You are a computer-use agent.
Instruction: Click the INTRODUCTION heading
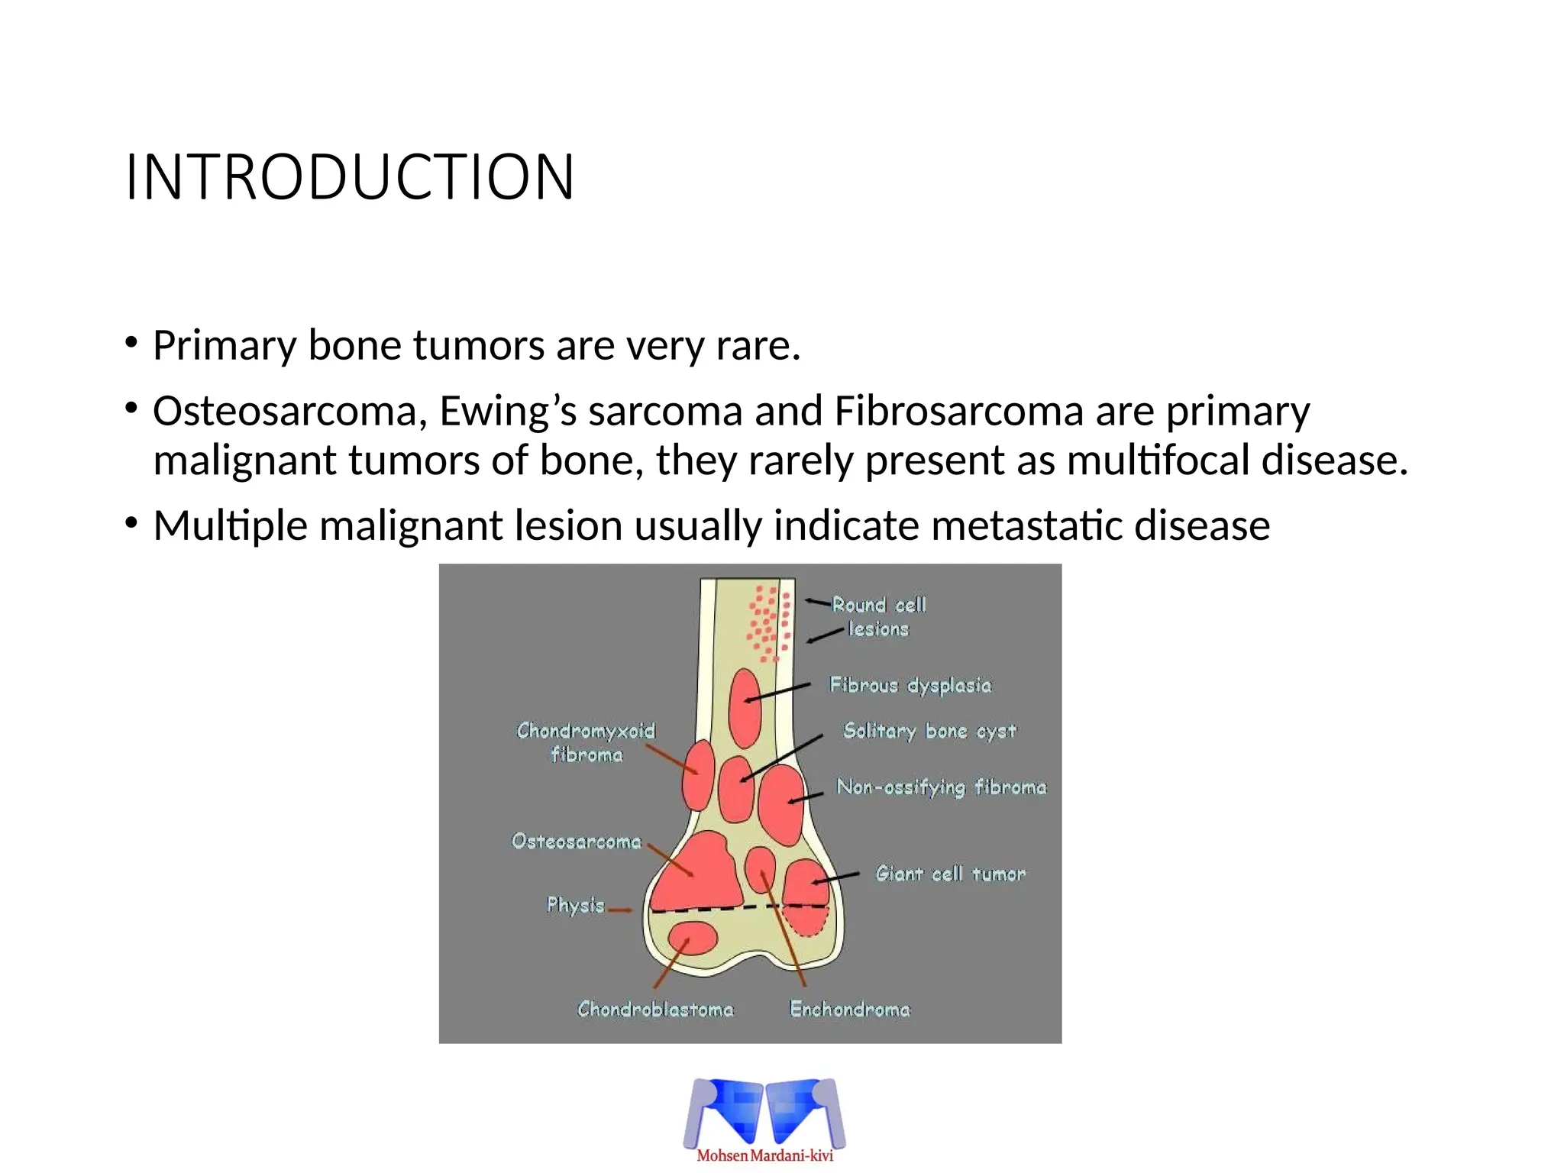pyautogui.click(x=350, y=177)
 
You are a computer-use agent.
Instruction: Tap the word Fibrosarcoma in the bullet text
pyautogui.click(x=958, y=411)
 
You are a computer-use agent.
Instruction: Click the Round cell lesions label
pyautogui.click(x=878, y=617)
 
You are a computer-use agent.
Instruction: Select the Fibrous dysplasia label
pyautogui.click(x=910, y=685)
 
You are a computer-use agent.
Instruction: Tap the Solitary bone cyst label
pyautogui.click(x=929, y=731)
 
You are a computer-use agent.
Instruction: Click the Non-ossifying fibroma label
pyautogui.click(x=941, y=787)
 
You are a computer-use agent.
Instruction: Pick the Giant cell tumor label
pyautogui.click(x=950, y=874)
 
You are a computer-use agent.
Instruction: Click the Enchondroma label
pyautogui.click(x=850, y=1010)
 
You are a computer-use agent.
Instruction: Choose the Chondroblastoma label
pyautogui.click(x=655, y=1010)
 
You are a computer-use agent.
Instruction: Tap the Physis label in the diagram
pyautogui.click(x=575, y=905)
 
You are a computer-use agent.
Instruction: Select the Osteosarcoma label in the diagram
pyautogui.click(x=577, y=842)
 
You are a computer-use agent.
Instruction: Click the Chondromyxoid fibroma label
pyautogui.click(x=586, y=742)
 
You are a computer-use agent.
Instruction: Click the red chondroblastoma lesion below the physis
pyautogui.click(x=693, y=939)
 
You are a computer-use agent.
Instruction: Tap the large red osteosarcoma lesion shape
pyautogui.click(x=699, y=872)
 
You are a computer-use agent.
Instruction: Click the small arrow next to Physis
pyautogui.click(x=620, y=910)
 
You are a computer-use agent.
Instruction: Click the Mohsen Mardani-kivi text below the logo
pyautogui.click(x=764, y=1155)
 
